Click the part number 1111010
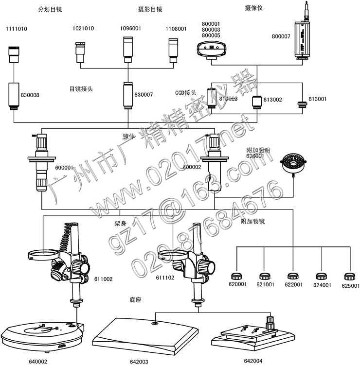pos(17,29)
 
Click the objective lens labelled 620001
pos(238,277)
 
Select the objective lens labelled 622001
pos(292,277)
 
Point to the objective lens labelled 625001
pos(349,277)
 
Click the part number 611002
pos(103,279)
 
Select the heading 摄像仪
pos(253,8)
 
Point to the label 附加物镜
pos(253,221)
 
